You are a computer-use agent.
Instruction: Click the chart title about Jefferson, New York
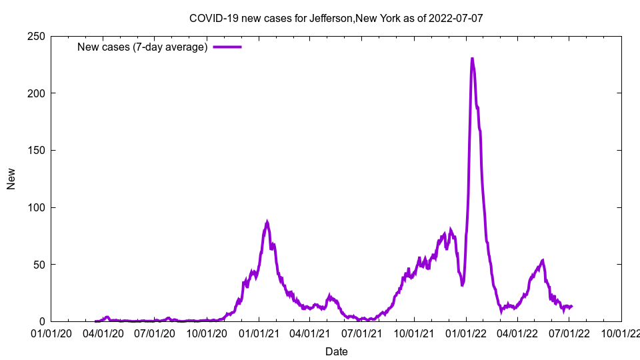[x=336, y=19]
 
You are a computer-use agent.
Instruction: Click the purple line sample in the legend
[x=227, y=47]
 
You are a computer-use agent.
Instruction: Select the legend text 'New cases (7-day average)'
[x=143, y=47]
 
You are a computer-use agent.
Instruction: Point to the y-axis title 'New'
[x=11, y=179]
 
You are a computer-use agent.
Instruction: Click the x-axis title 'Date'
[x=336, y=351]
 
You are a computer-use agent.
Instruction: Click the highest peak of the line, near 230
[x=472, y=59]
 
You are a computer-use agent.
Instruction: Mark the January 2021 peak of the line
[x=267, y=222]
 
